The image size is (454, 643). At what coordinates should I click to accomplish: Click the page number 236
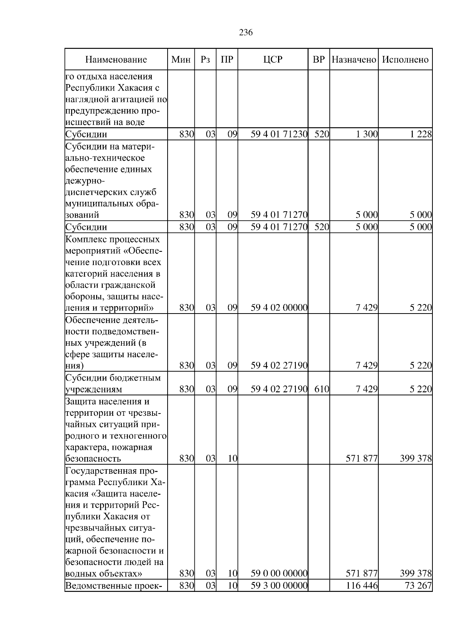246,33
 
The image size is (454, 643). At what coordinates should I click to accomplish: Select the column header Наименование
116,60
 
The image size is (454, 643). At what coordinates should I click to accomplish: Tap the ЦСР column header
273,60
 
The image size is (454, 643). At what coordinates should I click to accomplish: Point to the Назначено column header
354,60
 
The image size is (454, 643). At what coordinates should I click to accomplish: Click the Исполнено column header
405,60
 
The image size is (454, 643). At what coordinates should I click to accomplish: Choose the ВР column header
319,60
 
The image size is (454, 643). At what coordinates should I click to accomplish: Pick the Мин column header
181,60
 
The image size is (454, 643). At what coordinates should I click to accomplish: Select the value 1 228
421,134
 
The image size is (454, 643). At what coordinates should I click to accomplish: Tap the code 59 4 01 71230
279,134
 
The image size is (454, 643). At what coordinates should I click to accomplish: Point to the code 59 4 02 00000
279,308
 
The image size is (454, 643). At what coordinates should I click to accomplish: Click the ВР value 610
322,389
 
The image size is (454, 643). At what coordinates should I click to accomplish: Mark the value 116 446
362,596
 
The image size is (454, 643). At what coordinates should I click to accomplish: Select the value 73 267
418,596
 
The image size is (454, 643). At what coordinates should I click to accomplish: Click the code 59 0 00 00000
279,573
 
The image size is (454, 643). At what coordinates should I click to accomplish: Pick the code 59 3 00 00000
279,596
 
